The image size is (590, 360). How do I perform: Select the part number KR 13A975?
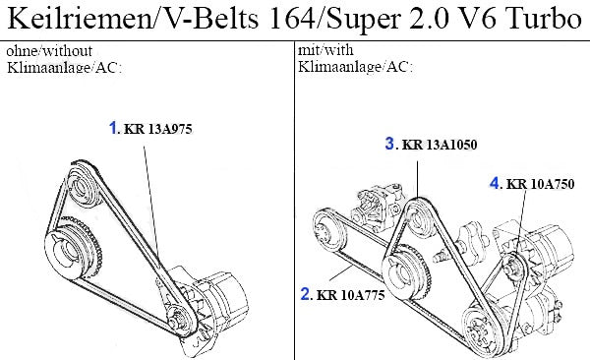pyautogui.click(x=158, y=129)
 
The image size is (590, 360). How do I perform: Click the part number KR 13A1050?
pyautogui.click(x=440, y=145)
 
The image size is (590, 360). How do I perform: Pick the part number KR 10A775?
pyautogui.click(x=351, y=295)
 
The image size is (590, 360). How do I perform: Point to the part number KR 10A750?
pyautogui.click(x=540, y=184)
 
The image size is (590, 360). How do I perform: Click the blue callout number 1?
pyautogui.click(x=113, y=128)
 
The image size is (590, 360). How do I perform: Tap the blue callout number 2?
pyautogui.click(x=305, y=294)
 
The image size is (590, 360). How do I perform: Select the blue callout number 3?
pyautogui.click(x=389, y=144)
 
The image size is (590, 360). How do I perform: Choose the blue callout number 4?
pyautogui.click(x=495, y=183)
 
